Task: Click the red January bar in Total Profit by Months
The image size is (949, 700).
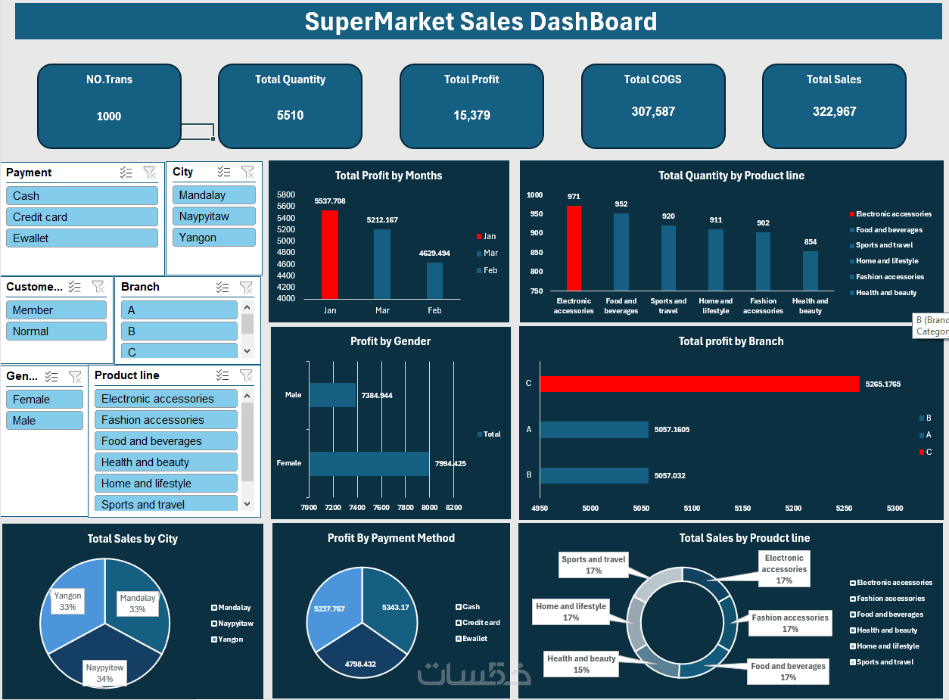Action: [x=330, y=254]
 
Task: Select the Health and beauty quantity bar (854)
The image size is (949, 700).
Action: [x=811, y=271]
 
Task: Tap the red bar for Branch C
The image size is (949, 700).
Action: [x=699, y=384]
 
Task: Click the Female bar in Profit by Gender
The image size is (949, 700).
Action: [x=369, y=464]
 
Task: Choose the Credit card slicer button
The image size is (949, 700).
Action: [x=82, y=217]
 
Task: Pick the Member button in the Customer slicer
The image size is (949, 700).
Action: [x=56, y=310]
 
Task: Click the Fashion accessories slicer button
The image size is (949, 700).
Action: [x=166, y=420]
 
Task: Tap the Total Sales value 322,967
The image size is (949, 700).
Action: [x=834, y=112]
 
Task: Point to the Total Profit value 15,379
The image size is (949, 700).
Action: [x=471, y=116]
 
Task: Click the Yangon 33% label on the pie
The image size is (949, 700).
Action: [x=68, y=601]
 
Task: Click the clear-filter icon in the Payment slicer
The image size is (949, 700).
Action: [x=149, y=173]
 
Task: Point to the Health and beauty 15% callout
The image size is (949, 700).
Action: [x=581, y=664]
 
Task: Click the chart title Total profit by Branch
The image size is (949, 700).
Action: [x=730, y=341]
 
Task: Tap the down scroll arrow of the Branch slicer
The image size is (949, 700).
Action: [x=247, y=351]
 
